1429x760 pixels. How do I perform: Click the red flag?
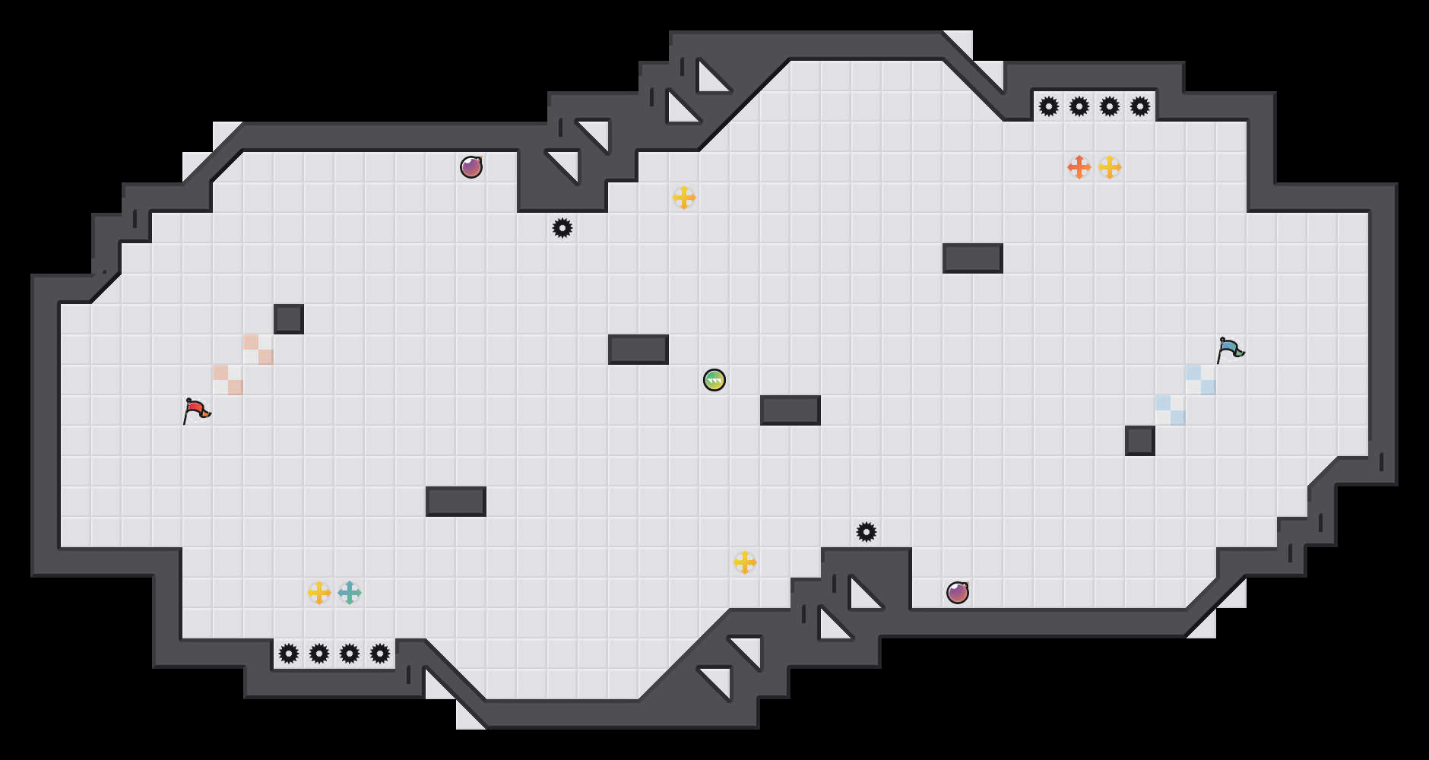[x=196, y=410]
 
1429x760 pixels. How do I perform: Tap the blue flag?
[x=1230, y=350]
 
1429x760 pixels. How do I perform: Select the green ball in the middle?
[x=714, y=380]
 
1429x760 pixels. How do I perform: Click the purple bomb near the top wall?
[x=471, y=167]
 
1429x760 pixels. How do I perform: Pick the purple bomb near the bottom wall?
[x=958, y=593]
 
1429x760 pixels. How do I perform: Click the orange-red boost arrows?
[x=1079, y=167]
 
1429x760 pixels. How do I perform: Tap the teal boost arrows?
[x=350, y=593]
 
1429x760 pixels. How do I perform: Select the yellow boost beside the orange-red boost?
[x=1110, y=167]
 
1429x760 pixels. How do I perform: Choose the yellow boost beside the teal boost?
[x=319, y=593]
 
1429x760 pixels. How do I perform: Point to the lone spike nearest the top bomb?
[x=562, y=228]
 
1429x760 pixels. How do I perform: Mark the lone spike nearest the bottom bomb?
[x=867, y=532]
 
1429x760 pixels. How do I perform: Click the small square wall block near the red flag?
[x=289, y=319]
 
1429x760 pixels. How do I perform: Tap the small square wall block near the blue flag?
[x=1140, y=441]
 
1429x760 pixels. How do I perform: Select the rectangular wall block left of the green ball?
[x=638, y=350]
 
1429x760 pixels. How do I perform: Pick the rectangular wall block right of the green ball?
[x=791, y=410]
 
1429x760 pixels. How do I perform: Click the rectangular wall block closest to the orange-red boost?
[x=973, y=258]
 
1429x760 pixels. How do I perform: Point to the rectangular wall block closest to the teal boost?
[x=456, y=502]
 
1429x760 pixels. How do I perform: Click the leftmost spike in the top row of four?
[x=1049, y=106]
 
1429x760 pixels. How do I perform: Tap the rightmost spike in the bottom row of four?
[x=380, y=654]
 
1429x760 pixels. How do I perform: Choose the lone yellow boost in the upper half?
[x=684, y=198]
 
